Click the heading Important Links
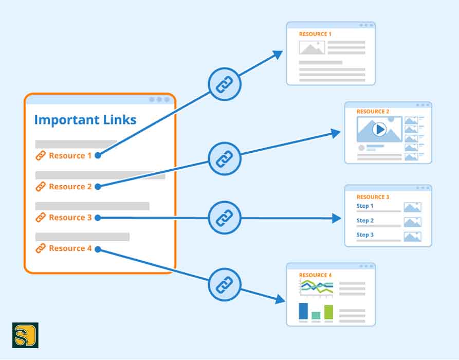tap(85, 120)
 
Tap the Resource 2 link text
tap(70, 187)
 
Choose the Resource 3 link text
tap(70, 218)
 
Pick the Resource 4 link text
tap(70, 248)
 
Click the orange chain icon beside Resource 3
tap(40, 218)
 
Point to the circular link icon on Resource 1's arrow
tap(225, 84)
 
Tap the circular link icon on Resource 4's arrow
tap(225, 283)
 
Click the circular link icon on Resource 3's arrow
tap(225, 218)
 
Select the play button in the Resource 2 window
tap(379, 129)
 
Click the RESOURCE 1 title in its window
tap(315, 34)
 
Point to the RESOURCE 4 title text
tap(315, 275)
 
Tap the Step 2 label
tap(365, 221)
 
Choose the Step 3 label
tap(365, 235)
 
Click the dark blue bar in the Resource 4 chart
tap(303, 311)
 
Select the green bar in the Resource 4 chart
tap(328, 312)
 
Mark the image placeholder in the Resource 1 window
tap(311, 48)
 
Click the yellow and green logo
tap(25, 335)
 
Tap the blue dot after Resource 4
tap(98, 249)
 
